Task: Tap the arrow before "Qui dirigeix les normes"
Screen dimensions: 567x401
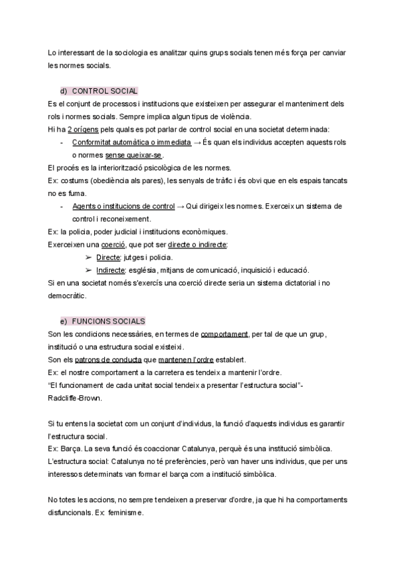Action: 180,206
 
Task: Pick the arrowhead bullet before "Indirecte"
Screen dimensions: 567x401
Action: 88,270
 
